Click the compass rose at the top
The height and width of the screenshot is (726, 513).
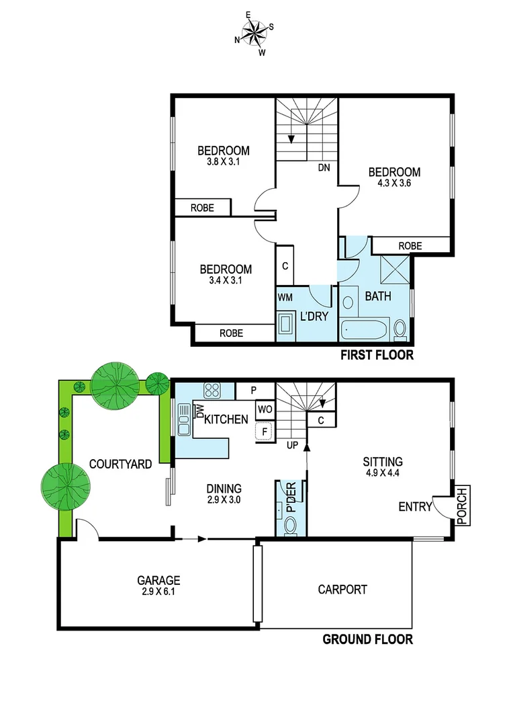pyautogui.click(x=254, y=32)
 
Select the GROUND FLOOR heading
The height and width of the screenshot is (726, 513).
pyautogui.click(x=367, y=639)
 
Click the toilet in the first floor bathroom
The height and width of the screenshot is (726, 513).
pyautogui.click(x=400, y=329)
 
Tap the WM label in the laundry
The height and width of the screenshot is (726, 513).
pyautogui.click(x=285, y=297)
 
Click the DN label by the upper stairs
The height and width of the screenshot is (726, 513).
pyautogui.click(x=324, y=168)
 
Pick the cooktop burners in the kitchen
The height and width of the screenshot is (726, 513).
pyautogui.click(x=213, y=390)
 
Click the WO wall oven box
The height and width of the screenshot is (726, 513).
pyautogui.click(x=265, y=409)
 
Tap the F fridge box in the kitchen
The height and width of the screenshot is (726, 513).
pyautogui.click(x=265, y=431)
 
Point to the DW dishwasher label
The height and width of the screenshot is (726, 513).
pyautogui.click(x=199, y=412)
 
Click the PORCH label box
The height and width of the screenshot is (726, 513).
pyautogui.click(x=461, y=506)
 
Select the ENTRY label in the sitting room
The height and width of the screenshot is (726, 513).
pyautogui.click(x=415, y=507)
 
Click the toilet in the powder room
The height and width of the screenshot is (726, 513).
pyautogui.click(x=290, y=527)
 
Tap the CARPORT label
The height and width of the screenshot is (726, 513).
pyautogui.click(x=342, y=590)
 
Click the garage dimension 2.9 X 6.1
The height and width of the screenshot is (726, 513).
pyautogui.click(x=158, y=593)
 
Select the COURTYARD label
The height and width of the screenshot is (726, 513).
pyautogui.click(x=120, y=464)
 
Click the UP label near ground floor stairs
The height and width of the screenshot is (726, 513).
pyautogui.click(x=292, y=445)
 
